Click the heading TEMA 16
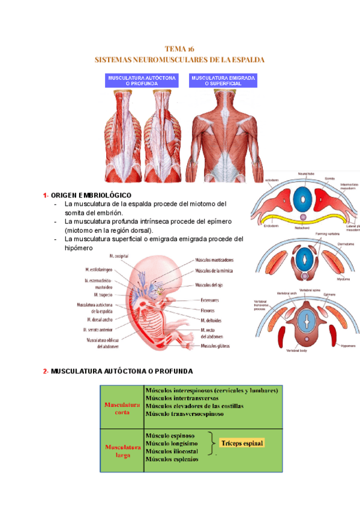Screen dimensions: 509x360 [x=180, y=49]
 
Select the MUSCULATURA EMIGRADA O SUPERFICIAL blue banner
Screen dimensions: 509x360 [x=223, y=81]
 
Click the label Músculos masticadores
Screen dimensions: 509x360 [x=214, y=260]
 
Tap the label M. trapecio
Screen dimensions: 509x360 [x=103, y=295]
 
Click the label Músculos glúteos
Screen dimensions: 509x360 [x=215, y=346]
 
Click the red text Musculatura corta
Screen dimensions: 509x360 [x=122, y=408]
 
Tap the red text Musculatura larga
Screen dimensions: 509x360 [x=122, y=451]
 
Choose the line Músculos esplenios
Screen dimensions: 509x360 [x=172, y=459]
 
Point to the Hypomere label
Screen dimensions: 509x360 [x=348, y=346]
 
